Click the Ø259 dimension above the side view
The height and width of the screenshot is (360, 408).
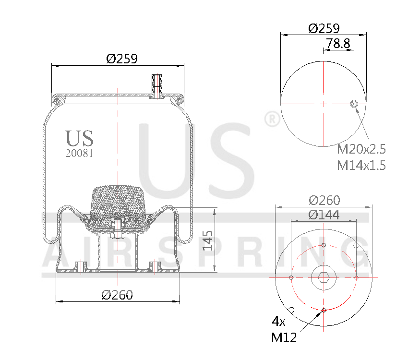coord(122,59)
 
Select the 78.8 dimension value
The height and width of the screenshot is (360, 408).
coord(338,43)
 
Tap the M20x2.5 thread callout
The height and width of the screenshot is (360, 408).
coord(361,148)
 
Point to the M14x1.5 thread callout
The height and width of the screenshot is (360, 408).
coord(361,165)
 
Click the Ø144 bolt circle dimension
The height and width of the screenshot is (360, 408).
coord(324,215)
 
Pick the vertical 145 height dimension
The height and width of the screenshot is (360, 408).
coord(208,240)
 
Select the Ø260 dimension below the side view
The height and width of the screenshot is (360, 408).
coord(117,295)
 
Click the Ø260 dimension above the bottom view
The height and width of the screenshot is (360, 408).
coord(324,200)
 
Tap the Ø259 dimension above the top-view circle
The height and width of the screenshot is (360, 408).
coord(324,28)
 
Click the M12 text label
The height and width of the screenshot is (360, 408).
coord(284,337)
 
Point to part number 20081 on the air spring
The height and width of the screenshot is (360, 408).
coord(79,154)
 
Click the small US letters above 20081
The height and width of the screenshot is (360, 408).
coord(79,138)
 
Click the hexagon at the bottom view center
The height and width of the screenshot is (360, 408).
coord(324,277)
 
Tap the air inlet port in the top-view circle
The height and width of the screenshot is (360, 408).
coord(354,104)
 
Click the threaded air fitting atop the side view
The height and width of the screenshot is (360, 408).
coord(157,85)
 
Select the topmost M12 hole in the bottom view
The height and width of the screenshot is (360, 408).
coord(324,245)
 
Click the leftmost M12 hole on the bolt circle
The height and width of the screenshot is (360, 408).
coord(291,277)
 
